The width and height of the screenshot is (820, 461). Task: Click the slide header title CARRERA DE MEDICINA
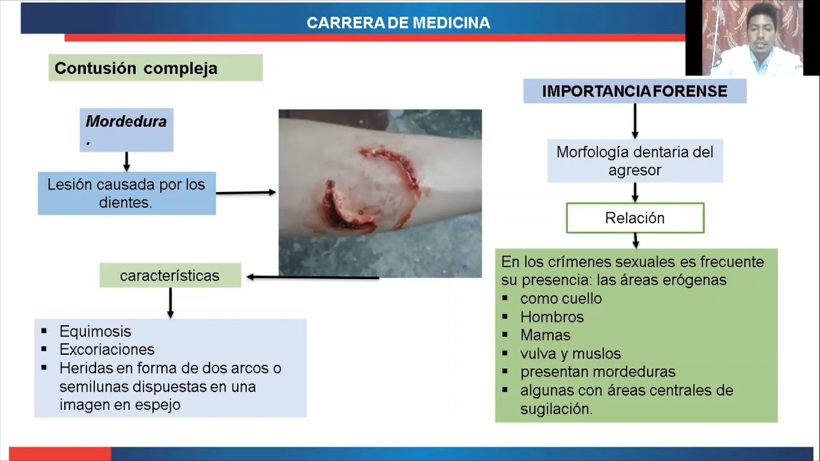pyautogui.click(x=398, y=23)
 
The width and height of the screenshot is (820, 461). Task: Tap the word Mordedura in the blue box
pyautogui.click(x=126, y=122)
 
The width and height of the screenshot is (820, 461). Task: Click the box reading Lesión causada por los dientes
pyautogui.click(x=126, y=193)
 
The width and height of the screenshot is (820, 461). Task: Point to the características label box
pyautogui.click(x=170, y=276)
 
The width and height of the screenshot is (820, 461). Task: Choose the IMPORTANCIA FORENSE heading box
pyautogui.click(x=634, y=92)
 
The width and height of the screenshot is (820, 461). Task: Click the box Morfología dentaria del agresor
pyautogui.click(x=634, y=161)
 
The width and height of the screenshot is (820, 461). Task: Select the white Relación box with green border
pyautogui.click(x=634, y=218)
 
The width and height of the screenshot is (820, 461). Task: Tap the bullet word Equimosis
pyautogui.click(x=95, y=332)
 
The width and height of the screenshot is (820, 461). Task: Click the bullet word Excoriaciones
pyautogui.click(x=107, y=350)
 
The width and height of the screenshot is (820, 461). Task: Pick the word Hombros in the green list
pyautogui.click(x=552, y=317)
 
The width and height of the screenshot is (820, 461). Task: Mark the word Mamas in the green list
pyautogui.click(x=545, y=336)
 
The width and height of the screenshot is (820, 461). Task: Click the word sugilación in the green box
pyautogui.click(x=556, y=409)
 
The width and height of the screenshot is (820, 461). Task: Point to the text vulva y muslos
pyautogui.click(x=570, y=353)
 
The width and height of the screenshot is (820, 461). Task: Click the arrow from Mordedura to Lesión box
pyautogui.click(x=126, y=161)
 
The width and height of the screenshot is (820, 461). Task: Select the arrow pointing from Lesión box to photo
pyautogui.click(x=246, y=192)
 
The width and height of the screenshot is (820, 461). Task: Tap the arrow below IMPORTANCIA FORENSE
pyautogui.click(x=635, y=121)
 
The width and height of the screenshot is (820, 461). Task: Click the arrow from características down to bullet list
pyautogui.click(x=170, y=303)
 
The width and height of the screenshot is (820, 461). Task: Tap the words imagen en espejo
pyautogui.click(x=120, y=405)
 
